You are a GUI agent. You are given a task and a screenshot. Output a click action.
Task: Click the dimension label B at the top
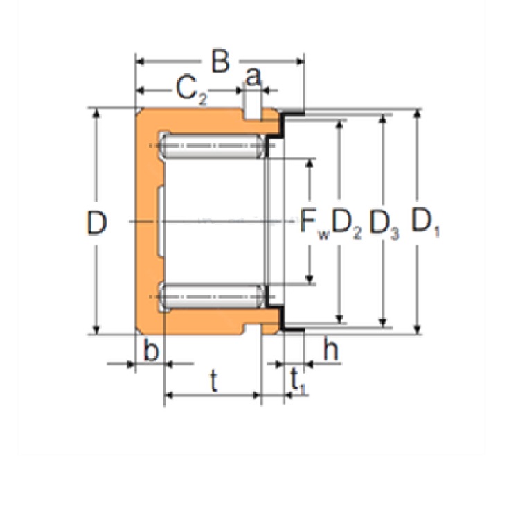tap(220, 62)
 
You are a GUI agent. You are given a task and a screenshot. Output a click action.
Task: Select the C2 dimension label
tap(192, 90)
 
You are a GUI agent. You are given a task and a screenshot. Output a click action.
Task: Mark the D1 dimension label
tap(425, 222)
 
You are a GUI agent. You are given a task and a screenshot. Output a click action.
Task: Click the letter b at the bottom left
tap(151, 350)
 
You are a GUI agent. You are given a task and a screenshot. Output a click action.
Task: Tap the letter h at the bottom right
tap(331, 349)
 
